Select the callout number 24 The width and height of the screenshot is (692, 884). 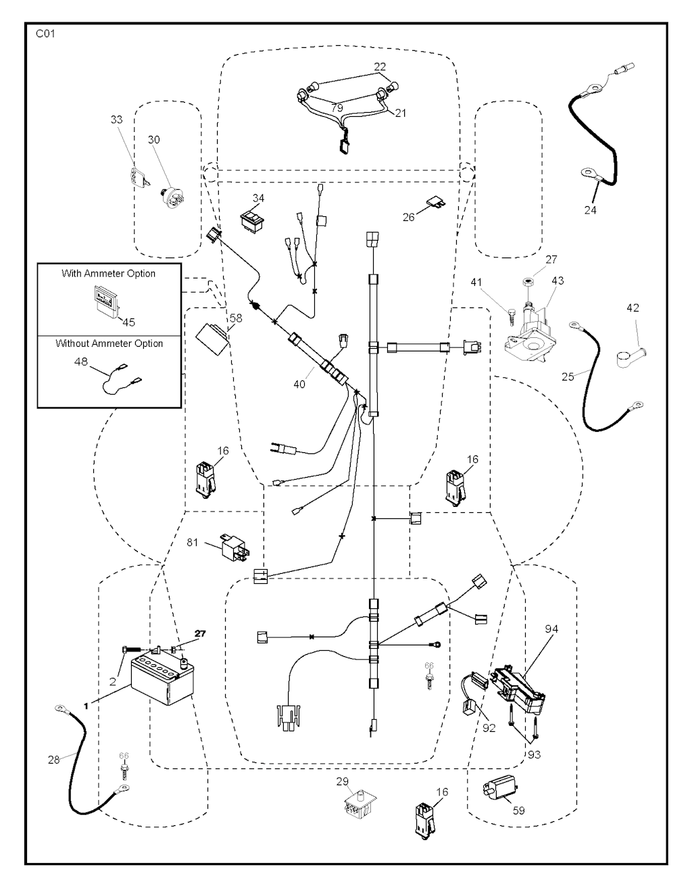[590, 210]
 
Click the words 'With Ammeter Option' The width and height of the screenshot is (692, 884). [108, 274]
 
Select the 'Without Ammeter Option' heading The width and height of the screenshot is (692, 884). [109, 343]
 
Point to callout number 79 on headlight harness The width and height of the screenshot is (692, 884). [337, 108]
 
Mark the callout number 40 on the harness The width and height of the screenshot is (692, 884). [299, 384]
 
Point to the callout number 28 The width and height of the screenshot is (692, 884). [54, 760]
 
